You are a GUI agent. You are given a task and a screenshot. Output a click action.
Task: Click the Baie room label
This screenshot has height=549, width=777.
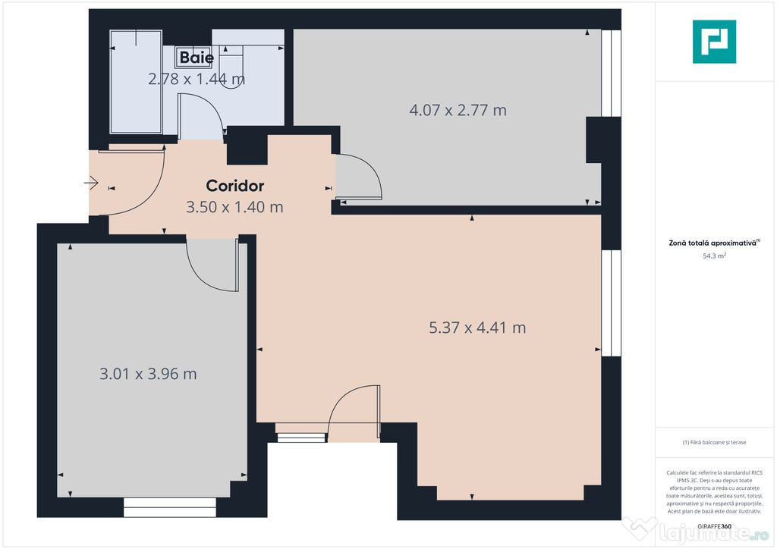coord(197,58)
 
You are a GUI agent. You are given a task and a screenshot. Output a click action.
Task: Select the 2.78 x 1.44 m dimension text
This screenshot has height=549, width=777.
coord(196,78)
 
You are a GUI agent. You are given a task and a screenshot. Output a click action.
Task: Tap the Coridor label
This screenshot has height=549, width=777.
coord(235,186)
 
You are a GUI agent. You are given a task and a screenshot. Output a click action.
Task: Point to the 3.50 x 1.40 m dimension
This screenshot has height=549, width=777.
coord(235,206)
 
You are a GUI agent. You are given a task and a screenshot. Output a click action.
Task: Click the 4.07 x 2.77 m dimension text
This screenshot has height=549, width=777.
coord(458,110)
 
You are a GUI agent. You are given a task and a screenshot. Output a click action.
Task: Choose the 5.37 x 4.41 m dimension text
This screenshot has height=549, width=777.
coord(477,328)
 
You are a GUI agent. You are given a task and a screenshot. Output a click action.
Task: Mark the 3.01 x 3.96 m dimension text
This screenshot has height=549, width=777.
coord(149,374)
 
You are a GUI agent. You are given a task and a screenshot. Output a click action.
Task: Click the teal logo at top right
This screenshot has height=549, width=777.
coord(714,42)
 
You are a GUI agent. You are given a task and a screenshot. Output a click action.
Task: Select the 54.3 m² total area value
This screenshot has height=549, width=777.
coord(714,256)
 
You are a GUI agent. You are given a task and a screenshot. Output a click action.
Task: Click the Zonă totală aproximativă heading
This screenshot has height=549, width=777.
coord(714,243)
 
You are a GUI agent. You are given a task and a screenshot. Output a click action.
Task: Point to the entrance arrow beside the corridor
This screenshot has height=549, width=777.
coord(92,182)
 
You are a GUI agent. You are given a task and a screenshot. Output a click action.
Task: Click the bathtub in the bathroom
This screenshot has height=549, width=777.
coord(136,82)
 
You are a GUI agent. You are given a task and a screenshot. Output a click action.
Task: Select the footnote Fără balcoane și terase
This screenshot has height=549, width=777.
coord(714,442)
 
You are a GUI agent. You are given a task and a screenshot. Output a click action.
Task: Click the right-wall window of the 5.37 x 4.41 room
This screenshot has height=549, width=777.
coord(611,303)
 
